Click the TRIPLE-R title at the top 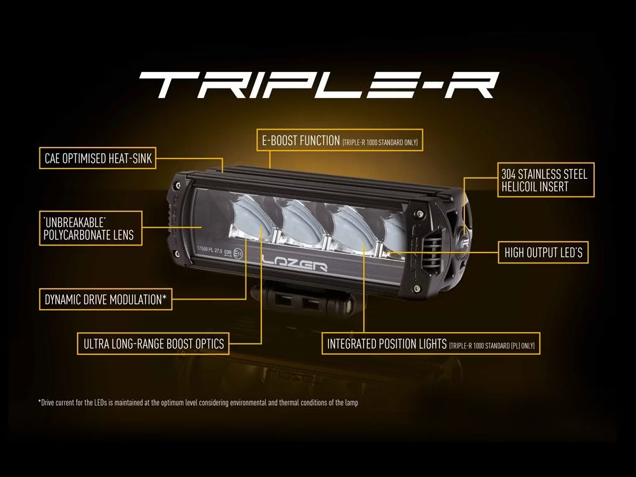pos(318,83)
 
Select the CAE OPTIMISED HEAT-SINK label pos(98,158)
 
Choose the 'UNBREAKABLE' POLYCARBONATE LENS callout pos(88,229)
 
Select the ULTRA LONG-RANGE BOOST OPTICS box pos(153,344)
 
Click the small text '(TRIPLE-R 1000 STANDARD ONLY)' pos(380,142)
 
